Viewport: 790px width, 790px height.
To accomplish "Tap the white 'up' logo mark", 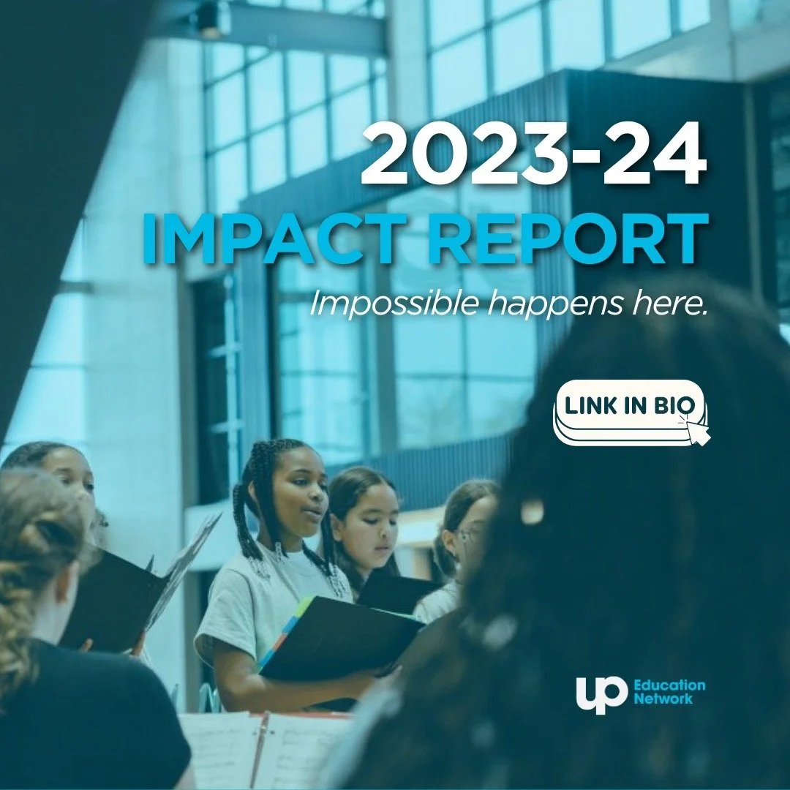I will tap(601, 693).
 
